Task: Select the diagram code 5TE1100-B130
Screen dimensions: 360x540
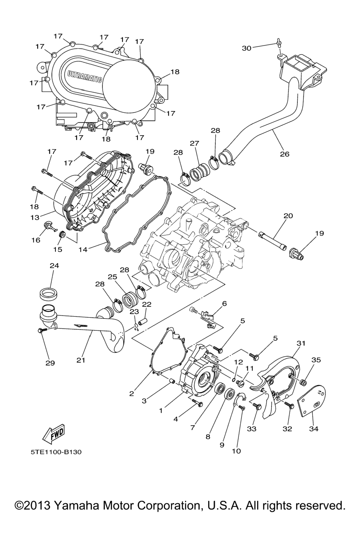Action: pos(56,451)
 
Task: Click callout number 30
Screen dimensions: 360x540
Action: pos(247,48)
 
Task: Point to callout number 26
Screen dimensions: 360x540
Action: pos(284,154)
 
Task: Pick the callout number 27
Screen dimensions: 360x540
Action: pos(194,143)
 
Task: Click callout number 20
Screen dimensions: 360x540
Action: pos(288,216)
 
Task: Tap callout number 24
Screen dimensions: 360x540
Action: pos(54,266)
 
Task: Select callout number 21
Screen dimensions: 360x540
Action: pos(81,360)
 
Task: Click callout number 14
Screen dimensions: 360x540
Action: pos(83,250)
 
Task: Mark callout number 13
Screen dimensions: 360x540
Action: pos(35,217)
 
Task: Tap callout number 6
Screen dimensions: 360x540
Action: pos(224,303)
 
